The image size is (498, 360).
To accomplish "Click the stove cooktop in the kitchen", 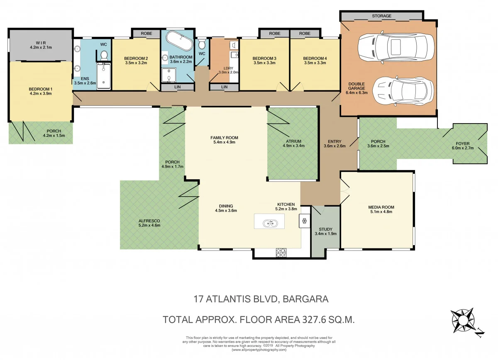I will pyautogui.click(x=281, y=252).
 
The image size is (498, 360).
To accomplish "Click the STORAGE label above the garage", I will pyautogui.click(x=381, y=16).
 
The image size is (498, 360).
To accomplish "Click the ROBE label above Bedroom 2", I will pyautogui.click(x=146, y=33).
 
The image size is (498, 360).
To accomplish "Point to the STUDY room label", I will pyautogui.click(x=326, y=229).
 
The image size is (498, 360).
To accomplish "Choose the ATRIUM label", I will pyautogui.click(x=293, y=141).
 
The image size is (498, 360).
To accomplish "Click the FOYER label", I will pyautogui.click(x=469, y=144).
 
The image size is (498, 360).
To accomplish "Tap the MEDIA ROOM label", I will pyautogui.click(x=381, y=207).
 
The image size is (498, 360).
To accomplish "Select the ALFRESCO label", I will pyautogui.click(x=149, y=221).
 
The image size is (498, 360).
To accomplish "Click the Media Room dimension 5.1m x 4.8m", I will pyautogui.click(x=381, y=212).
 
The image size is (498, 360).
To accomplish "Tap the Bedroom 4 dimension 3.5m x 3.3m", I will pyautogui.click(x=315, y=63).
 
